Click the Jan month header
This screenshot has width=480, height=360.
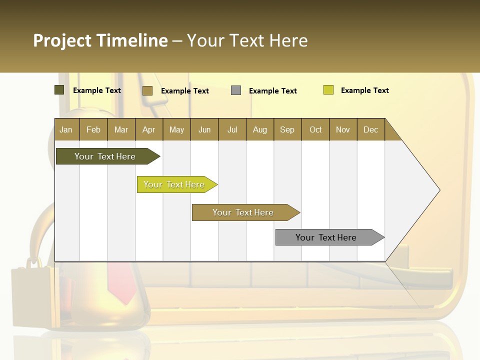[x=66, y=129]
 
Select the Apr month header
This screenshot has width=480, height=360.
[x=148, y=129]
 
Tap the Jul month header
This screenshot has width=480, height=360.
[x=232, y=129]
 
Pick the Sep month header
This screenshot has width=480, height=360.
[x=287, y=129]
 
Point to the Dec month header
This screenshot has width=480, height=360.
[x=370, y=129]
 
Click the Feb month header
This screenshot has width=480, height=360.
[x=93, y=129]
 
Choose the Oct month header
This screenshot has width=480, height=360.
[x=315, y=129]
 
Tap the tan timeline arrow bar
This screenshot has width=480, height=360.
[x=243, y=212]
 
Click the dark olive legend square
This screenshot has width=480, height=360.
[x=59, y=90]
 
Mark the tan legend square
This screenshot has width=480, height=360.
[x=147, y=90]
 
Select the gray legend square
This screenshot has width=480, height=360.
[x=236, y=90]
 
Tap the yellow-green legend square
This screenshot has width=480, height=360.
[x=328, y=90]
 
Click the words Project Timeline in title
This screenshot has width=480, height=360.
[x=100, y=40]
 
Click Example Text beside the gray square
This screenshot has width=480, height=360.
[x=272, y=91]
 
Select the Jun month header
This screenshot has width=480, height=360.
[x=204, y=129]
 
